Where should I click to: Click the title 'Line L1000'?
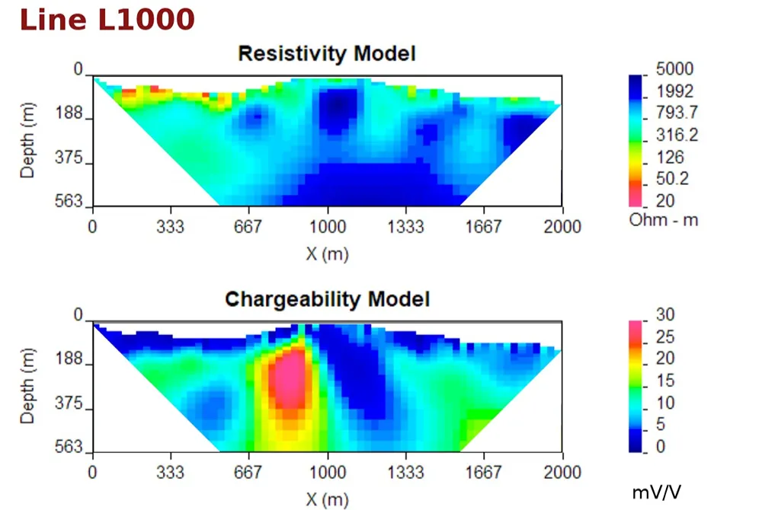click(x=107, y=20)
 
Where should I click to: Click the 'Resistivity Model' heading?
click(x=327, y=53)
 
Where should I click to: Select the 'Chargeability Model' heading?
click(x=327, y=299)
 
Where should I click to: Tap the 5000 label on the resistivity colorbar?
click(x=674, y=69)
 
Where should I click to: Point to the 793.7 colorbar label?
click(x=677, y=113)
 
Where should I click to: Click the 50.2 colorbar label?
click(x=672, y=179)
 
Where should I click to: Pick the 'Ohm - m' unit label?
click(x=664, y=220)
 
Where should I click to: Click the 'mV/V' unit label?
click(x=657, y=492)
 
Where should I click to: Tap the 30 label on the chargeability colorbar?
click(x=665, y=314)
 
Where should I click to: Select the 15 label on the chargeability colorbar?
click(x=665, y=381)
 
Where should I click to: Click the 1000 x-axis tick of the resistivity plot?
click(x=328, y=227)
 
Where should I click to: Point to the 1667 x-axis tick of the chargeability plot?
click(x=483, y=472)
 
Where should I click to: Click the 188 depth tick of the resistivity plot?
click(x=69, y=113)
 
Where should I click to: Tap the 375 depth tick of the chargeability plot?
click(x=69, y=403)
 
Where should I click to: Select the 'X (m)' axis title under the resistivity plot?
click(x=327, y=253)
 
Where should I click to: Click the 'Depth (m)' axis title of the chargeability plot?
click(x=27, y=386)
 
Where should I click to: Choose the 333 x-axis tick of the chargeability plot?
click(x=171, y=472)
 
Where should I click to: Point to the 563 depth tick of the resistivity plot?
click(x=69, y=200)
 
